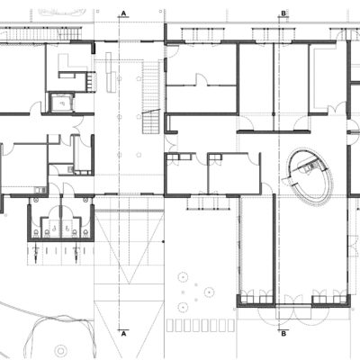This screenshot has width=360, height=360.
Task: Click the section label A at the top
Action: [x=123, y=13]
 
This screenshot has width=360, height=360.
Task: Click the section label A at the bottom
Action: [x=123, y=333]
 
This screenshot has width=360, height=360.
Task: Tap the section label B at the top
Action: [x=283, y=13]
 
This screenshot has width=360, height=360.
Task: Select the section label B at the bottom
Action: [x=283, y=333]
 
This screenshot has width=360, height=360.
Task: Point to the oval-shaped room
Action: [x=310, y=178]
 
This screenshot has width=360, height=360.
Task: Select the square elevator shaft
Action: [x=62, y=103]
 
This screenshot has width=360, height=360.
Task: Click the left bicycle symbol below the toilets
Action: [x=36, y=254]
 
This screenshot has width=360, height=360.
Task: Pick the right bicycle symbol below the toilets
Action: [x=76, y=254]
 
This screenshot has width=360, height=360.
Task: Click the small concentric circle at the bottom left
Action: [x=61, y=351]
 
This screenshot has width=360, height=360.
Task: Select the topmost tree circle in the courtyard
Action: [x=183, y=277]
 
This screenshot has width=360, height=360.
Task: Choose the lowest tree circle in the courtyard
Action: [x=183, y=307]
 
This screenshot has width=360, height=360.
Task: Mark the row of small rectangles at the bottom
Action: [x=201, y=326]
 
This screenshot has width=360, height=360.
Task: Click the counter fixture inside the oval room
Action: [x=310, y=166]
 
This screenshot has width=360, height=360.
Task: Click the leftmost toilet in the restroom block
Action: [x=37, y=232]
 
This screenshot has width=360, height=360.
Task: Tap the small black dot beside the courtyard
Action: [x=163, y=241]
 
